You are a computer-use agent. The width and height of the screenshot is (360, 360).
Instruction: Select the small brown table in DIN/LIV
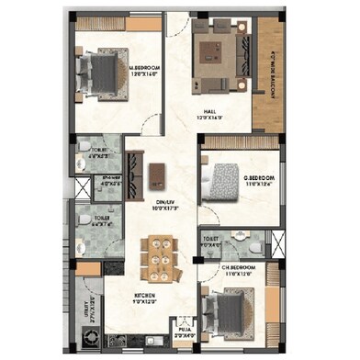(159, 172)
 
